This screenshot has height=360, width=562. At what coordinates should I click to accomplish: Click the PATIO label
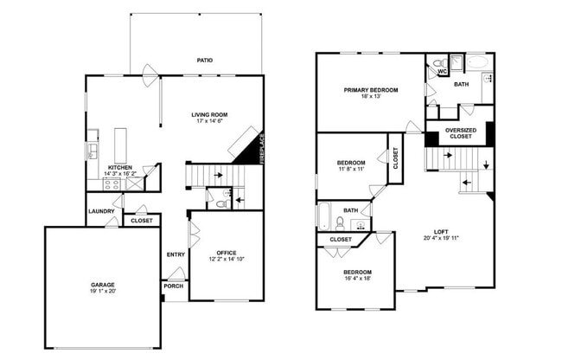[204, 61]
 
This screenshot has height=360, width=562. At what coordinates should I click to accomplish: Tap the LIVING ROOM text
[209, 114]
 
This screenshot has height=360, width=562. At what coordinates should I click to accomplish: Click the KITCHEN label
[119, 167]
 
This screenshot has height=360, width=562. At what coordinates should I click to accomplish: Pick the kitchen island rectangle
[120, 145]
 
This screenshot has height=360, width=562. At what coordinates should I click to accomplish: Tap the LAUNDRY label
[100, 211]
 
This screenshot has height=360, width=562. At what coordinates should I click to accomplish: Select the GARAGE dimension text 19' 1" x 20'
[103, 292]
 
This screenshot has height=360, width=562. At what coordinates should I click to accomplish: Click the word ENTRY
[176, 254]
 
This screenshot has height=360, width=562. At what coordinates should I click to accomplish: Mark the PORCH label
[174, 286]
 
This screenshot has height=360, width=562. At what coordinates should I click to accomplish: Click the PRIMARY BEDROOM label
[370, 90]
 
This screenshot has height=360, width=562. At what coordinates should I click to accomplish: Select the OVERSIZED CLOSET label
[460, 134]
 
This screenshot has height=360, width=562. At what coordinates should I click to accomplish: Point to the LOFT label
[441, 232]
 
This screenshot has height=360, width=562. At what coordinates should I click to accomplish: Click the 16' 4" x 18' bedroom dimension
[356, 278]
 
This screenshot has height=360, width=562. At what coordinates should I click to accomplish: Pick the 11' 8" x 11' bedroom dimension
[350, 169]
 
